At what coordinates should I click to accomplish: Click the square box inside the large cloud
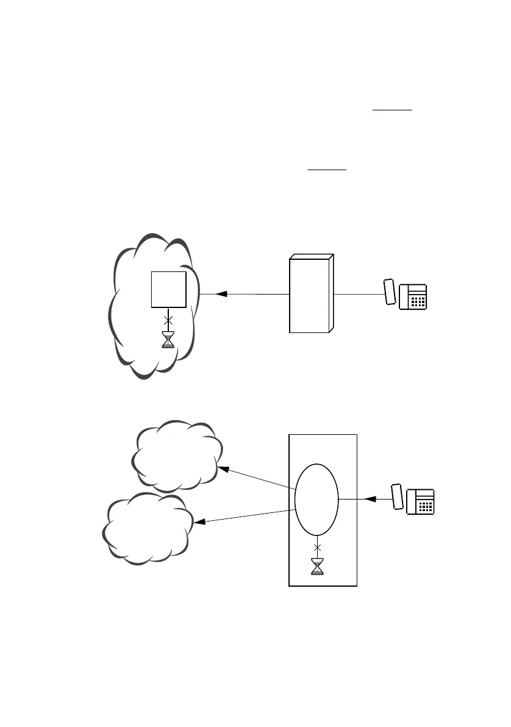tap(169, 290)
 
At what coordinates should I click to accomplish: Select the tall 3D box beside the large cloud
tap(311, 294)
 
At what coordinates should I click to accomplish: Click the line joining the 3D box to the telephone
tap(359, 295)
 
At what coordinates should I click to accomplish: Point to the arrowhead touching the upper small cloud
tap(224, 470)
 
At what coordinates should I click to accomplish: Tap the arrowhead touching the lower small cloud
tap(199, 522)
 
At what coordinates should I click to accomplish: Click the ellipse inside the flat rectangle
tap(316, 500)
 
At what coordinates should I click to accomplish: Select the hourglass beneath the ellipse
tap(317, 567)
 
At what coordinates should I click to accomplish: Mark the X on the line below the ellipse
tap(317, 547)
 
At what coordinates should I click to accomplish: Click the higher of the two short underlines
tap(393, 110)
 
